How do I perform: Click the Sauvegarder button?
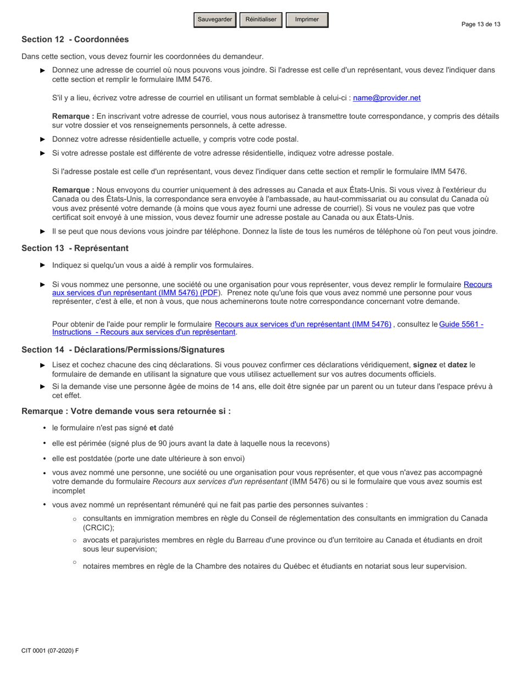point(215,20)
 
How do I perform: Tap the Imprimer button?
point(307,20)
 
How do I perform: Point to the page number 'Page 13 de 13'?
point(481,24)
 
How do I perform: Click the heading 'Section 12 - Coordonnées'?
point(75,40)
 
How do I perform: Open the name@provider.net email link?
point(387,98)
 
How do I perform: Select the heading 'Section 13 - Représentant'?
point(75,248)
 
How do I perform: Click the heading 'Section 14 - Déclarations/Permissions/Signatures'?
point(123,350)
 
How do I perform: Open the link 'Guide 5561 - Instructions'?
point(461,325)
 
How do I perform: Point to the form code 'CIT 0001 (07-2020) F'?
point(50,651)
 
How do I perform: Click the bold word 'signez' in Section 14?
point(425,365)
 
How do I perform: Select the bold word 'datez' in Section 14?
point(458,365)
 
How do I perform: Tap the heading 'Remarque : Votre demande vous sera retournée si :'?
point(126,411)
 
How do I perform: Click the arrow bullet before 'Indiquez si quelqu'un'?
point(43,265)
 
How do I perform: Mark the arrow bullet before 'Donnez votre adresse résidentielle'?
point(43,140)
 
